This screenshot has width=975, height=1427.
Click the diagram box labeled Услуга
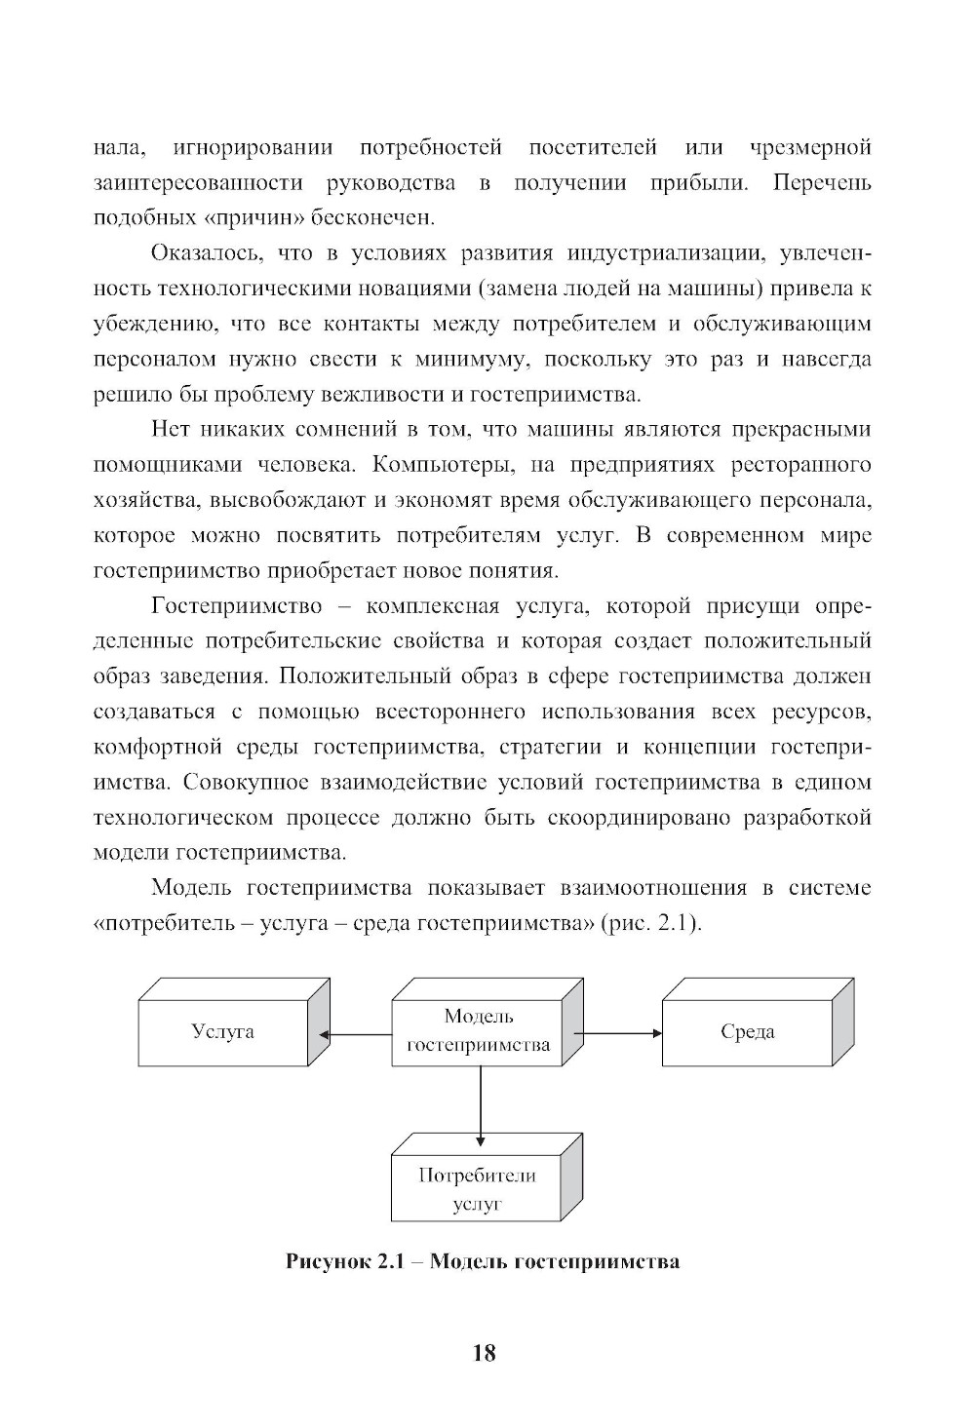(x=222, y=1032)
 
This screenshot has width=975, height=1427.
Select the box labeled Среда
(x=747, y=1032)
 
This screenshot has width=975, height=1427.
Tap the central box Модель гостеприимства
(x=478, y=1031)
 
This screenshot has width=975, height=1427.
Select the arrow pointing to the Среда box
(x=618, y=1032)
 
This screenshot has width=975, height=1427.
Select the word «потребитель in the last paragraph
(x=167, y=923)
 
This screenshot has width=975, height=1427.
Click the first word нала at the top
(x=119, y=148)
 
